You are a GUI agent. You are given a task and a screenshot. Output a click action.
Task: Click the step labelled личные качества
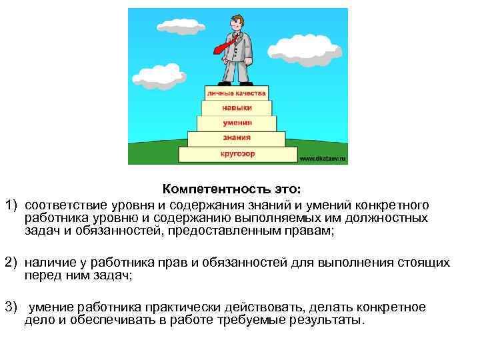[237, 93]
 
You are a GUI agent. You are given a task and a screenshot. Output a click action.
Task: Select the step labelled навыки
[237, 107]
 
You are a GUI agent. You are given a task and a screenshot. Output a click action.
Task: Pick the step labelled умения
[237, 123]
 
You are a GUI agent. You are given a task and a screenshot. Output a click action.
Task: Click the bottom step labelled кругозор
[237, 155]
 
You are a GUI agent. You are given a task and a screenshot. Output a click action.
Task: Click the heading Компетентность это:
[231, 190]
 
